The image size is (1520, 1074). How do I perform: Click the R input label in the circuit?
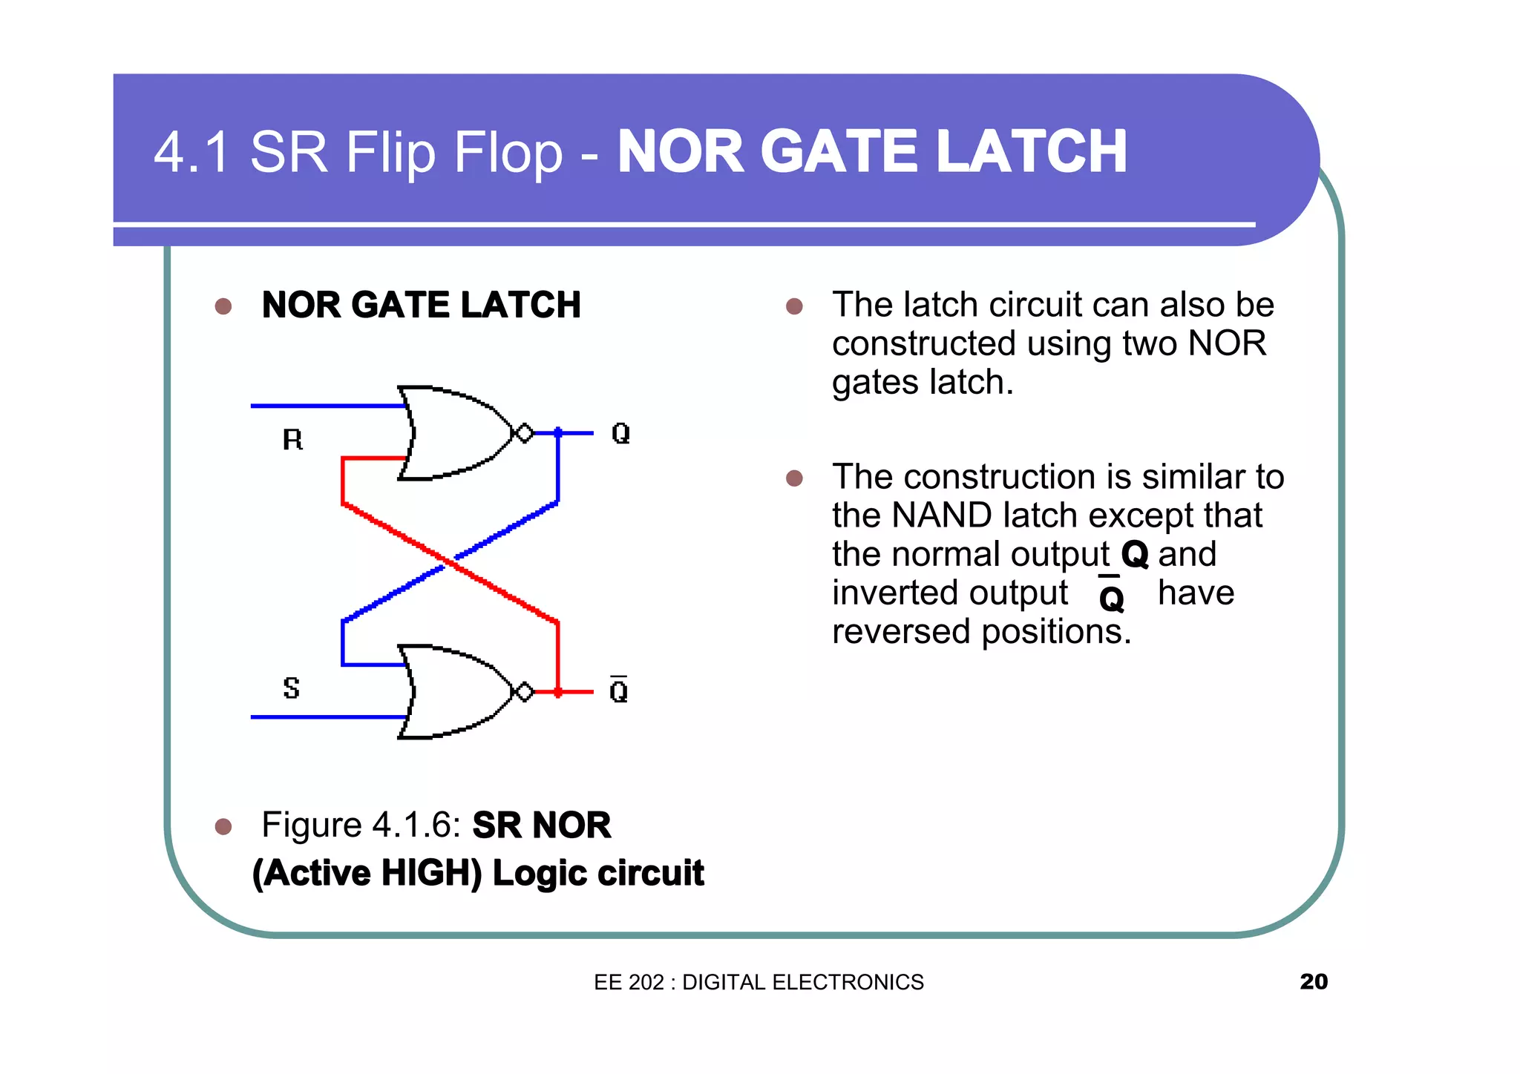point(293,440)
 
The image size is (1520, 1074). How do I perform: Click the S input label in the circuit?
point(292,688)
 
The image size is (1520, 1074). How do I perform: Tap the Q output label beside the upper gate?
point(620,433)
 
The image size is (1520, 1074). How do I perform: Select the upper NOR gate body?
point(453,433)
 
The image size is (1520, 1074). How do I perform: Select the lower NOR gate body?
point(453,692)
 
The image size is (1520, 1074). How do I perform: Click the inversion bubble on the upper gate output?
point(524,433)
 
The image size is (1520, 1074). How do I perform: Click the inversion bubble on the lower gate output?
point(524,692)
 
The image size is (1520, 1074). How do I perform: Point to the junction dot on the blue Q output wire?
point(558,432)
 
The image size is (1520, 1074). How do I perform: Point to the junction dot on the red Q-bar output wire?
point(558,692)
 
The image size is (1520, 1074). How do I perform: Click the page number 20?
point(1314,981)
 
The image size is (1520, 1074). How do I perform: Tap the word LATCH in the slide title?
point(1032,152)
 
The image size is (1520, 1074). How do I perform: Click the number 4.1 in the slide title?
point(191,152)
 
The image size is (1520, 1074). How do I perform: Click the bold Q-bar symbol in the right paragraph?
point(1111,596)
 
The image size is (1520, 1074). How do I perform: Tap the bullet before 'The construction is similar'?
point(794,478)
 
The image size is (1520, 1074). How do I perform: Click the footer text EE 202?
point(629,982)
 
